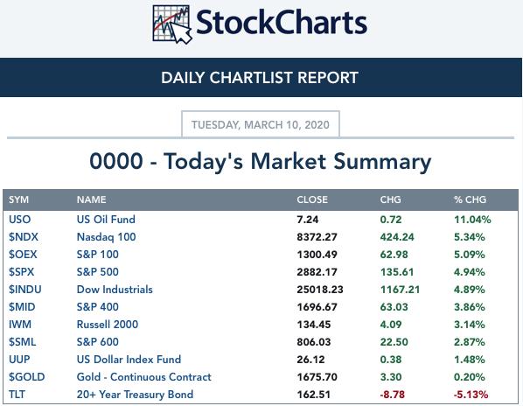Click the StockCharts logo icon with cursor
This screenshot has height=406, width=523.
coord(172,24)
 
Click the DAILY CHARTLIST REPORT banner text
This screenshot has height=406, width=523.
coord(260,78)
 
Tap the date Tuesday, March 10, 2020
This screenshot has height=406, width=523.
coord(260,125)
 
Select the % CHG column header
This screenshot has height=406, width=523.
coord(470,199)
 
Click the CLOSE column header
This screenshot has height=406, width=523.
coord(312,199)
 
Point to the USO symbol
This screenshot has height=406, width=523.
coord(20,220)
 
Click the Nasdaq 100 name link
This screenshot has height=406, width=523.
coord(106,237)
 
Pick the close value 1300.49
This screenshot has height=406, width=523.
coord(317,255)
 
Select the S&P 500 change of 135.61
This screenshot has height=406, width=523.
coord(397,272)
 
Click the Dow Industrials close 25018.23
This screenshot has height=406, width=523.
coord(320,290)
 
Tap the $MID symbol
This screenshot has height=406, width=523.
coord(22,307)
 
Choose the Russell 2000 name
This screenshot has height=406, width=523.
coord(108,325)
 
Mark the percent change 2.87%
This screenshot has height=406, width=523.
coord(470,342)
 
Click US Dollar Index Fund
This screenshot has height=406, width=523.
coord(129,360)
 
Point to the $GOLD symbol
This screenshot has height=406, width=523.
coord(27,377)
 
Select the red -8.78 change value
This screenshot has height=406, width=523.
coord(392,395)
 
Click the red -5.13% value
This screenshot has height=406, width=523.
coord(471,395)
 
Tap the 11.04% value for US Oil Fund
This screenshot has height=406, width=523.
coord(472,220)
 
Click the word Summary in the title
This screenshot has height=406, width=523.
coord(382,162)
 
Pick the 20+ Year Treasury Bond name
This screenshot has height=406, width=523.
coord(135,395)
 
